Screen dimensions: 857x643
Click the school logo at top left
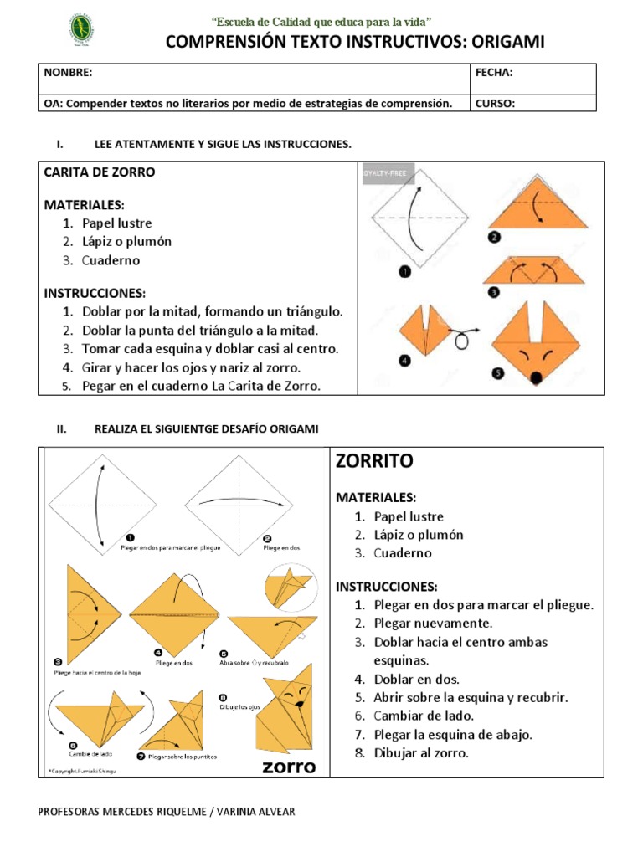click(x=80, y=31)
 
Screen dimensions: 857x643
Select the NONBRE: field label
click(x=68, y=73)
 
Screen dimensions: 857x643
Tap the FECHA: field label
click(x=494, y=73)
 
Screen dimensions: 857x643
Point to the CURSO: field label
click(x=495, y=104)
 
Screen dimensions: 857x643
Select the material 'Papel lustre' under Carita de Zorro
click(x=117, y=223)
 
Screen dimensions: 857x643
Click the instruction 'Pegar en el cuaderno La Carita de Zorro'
click(x=201, y=386)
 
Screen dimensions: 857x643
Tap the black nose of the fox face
click(x=535, y=379)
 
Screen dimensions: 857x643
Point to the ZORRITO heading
click(x=374, y=461)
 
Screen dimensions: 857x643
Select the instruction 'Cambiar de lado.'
click(x=424, y=716)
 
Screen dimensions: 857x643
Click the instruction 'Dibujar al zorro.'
click(x=422, y=752)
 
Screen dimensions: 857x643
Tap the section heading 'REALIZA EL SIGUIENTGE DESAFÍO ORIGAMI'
click(x=207, y=428)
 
